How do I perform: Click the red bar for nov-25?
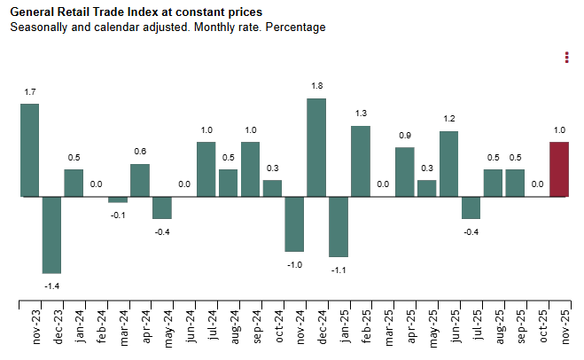click(559, 168)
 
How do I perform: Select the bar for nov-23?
click(29, 150)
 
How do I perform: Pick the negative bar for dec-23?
click(51, 234)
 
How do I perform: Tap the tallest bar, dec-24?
click(316, 147)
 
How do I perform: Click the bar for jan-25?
click(339, 226)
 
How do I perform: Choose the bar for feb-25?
click(361, 160)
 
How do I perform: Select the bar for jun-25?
click(448, 163)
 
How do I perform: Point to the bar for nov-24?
click(294, 223)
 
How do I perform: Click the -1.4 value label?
click(51, 286)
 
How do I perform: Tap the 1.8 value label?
click(316, 86)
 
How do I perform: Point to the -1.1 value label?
click(339, 270)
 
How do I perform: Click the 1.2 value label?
click(448, 119)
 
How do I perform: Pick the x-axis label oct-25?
click(537, 327)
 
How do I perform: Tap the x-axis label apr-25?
click(405, 327)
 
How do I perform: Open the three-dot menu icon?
click(566, 58)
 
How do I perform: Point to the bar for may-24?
click(162, 207)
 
